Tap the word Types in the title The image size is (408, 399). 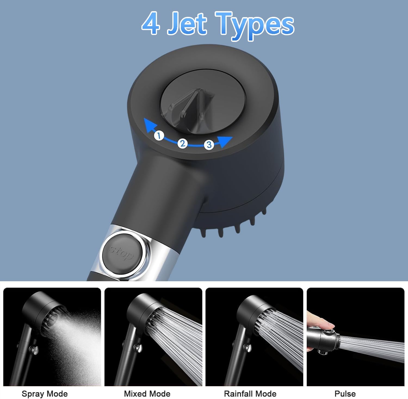(255, 26)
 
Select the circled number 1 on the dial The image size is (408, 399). (159, 135)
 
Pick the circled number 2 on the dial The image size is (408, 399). (183, 143)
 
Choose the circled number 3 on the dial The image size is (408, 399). (209, 144)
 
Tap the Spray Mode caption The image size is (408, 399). (45, 394)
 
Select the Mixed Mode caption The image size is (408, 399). (147, 394)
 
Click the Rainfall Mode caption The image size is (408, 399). (250, 394)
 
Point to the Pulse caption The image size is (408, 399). (345, 394)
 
